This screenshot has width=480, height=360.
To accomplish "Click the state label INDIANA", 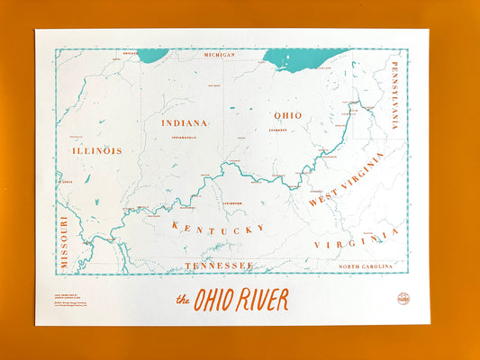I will (185, 122).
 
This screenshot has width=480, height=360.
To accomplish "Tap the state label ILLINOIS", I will (96, 150).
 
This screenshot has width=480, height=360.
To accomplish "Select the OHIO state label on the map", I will (287, 115).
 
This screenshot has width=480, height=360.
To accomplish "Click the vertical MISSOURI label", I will (64, 242).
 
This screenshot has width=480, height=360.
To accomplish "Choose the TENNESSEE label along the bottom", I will (219, 265).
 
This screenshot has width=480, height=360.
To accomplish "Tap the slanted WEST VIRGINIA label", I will (346, 179).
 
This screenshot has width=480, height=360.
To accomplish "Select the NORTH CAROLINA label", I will (367, 266).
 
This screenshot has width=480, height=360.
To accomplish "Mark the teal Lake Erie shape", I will (302, 58).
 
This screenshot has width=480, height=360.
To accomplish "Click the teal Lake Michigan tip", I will (153, 56).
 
